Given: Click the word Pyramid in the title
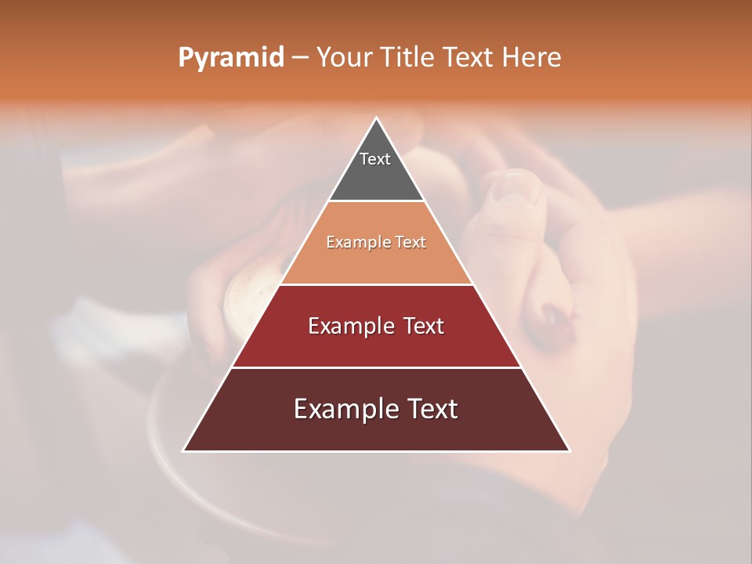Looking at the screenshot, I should point(230,58).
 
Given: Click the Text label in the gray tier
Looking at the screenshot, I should point(375,159).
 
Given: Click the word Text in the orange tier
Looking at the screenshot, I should point(411,243).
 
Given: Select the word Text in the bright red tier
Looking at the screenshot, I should point(423,326).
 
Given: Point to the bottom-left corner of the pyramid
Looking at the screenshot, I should point(184,450).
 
